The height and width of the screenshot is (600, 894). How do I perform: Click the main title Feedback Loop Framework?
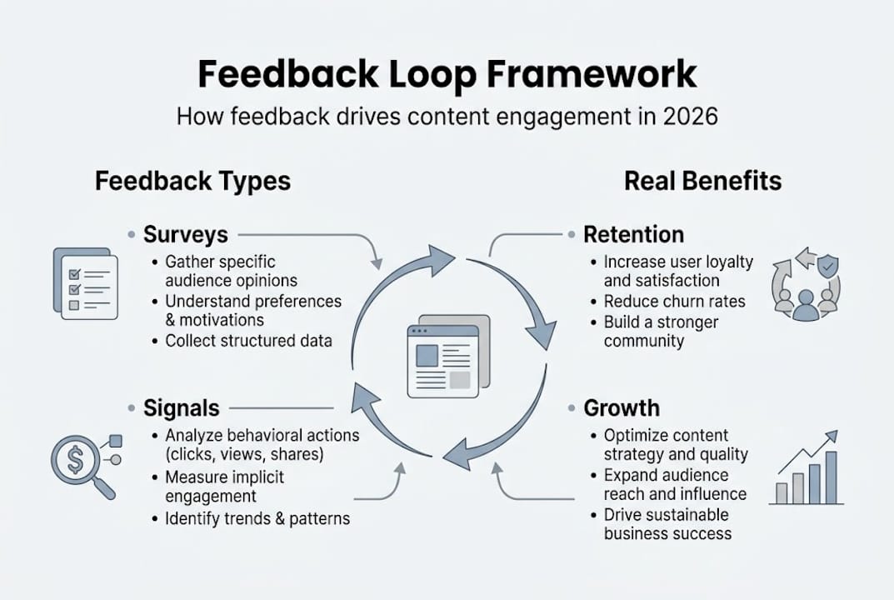[447, 74]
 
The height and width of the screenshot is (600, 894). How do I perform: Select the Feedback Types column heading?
[192, 181]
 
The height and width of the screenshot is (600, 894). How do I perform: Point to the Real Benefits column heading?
[703, 181]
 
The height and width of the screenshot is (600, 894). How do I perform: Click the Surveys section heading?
[185, 234]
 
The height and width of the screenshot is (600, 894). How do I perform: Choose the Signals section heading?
[181, 408]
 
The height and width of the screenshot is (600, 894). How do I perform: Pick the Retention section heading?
[633, 234]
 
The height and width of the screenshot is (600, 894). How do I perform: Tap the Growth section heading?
[621, 408]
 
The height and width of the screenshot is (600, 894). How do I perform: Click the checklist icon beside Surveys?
[85, 283]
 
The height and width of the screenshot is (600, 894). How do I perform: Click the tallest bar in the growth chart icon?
[831, 477]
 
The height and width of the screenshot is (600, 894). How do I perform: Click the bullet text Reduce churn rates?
[674, 301]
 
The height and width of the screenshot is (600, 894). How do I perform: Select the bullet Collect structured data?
[248, 340]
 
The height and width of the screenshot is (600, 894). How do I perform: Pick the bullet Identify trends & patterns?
[257, 518]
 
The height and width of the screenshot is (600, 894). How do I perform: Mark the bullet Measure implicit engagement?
[225, 487]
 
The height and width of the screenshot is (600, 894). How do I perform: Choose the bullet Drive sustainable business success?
[667, 524]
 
